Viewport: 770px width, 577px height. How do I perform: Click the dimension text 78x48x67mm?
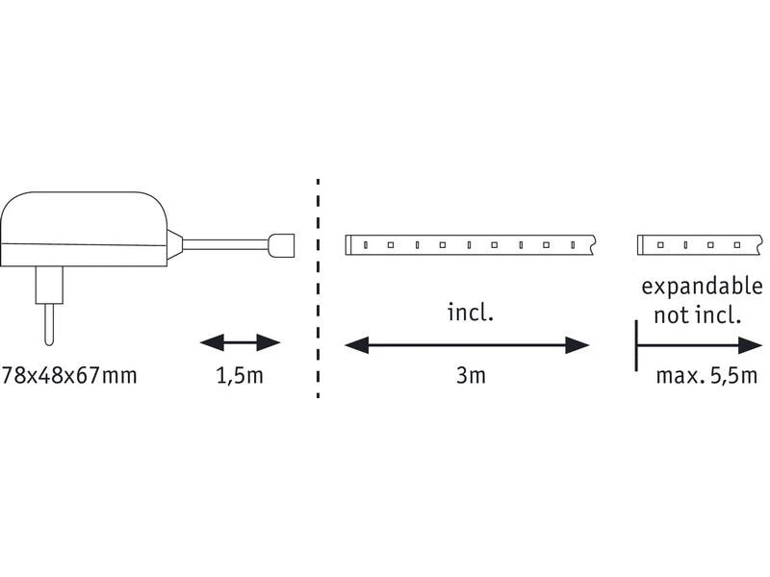coord(70,375)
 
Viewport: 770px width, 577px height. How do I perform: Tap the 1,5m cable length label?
coord(239,375)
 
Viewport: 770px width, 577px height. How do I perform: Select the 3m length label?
coord(471,375)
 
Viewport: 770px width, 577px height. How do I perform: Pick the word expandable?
coord(701,287)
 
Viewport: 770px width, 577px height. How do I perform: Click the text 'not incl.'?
coord(696,314)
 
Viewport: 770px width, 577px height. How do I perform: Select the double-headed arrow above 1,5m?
coord(239,343)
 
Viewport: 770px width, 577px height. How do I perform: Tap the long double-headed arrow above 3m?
coord(467,344)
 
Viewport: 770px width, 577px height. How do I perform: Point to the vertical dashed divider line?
coord(318,288)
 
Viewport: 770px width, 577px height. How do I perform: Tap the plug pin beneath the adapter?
coord(45,322)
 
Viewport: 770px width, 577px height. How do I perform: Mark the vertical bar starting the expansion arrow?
coord(636,344)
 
